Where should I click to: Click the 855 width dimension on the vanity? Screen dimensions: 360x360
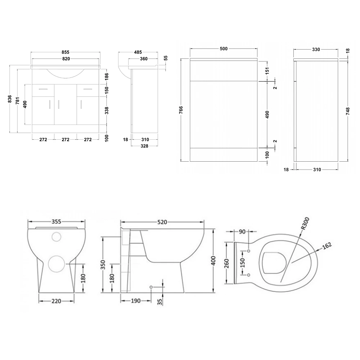click(x=66, y=52)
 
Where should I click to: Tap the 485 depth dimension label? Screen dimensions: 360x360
click(x=138, y=52)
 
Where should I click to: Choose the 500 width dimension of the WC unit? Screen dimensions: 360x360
click(x=223, y=49)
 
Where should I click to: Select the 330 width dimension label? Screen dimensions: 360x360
click(x=316, y=49)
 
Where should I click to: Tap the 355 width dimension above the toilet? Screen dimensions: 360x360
click(x=56, y=222)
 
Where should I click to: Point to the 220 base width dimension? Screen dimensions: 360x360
click(x=56, y=301)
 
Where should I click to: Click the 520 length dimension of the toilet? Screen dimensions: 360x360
click(x=162, y=222)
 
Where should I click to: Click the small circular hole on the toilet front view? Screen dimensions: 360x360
click(x=56, y=237)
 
